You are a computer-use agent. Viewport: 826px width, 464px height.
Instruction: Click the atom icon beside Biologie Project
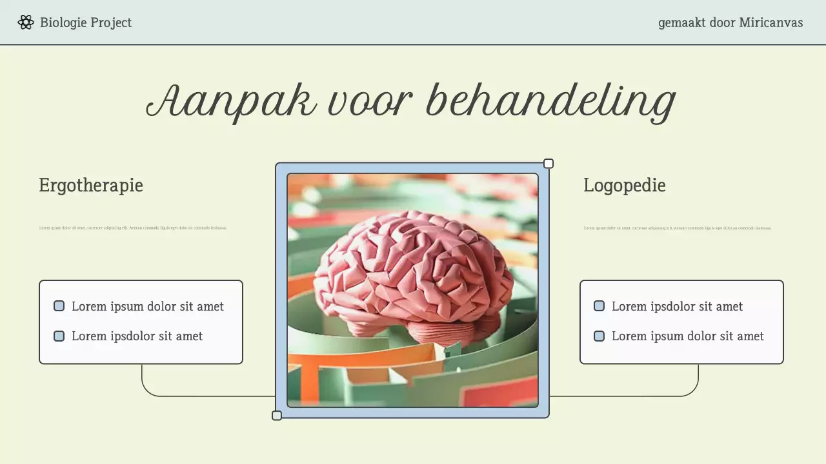26,23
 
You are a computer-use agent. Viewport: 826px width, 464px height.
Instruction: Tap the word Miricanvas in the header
771,23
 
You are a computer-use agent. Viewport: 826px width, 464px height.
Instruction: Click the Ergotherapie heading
91,186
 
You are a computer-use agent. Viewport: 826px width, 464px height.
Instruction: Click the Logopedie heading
624,186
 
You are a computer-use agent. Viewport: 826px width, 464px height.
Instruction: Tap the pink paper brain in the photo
413,271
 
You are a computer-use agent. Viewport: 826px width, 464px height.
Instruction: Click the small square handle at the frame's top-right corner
549,164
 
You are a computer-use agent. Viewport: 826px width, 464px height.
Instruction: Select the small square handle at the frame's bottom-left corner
277,416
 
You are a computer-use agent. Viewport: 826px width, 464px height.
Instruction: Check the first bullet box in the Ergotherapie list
59,306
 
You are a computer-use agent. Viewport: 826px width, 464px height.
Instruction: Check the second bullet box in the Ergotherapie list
59,336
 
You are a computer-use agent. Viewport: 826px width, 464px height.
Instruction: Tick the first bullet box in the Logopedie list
599,306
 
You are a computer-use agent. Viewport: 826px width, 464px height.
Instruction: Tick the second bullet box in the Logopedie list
599,336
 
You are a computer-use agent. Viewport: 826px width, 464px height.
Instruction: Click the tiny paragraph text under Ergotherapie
133,228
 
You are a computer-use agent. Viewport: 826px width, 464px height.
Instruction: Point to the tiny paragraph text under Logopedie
678,228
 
